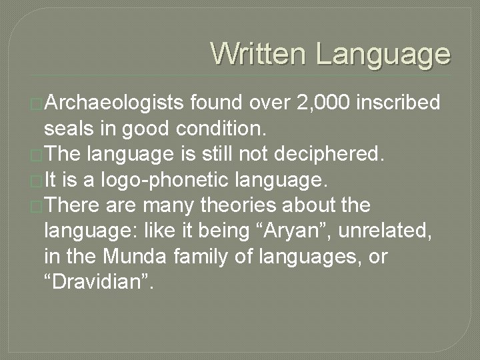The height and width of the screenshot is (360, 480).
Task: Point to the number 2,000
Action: pyautogui.click(x=312, y=103)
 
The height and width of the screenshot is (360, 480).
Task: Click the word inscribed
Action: pyautogui.click(x=399, y=103)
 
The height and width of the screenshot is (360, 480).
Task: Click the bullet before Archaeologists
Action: pyautogui.click(x=37, y=104)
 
